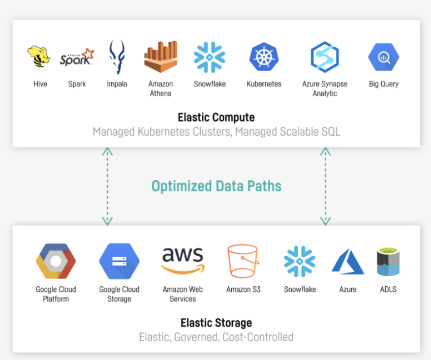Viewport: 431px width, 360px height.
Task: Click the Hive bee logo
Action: coord(39,56)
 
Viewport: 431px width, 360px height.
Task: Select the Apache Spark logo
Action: coord(77,57)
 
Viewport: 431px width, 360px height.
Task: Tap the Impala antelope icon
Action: coord(116,57)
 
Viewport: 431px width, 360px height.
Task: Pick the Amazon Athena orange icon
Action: coord(161,57)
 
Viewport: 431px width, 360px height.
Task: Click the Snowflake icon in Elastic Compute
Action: coord(209,57)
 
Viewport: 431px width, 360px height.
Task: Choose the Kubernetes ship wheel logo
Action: coord(264,57)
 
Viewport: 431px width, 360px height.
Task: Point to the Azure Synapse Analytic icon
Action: coord(325,57)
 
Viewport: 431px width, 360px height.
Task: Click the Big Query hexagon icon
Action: coord(384,57)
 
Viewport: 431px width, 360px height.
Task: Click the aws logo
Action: coord(182,260)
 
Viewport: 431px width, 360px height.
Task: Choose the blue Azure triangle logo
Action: coord(348,262)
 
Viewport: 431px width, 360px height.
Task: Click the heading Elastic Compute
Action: coord(216,117)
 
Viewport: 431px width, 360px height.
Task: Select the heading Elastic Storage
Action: coord(216,323)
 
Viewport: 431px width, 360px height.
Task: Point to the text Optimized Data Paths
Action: coord(216,186)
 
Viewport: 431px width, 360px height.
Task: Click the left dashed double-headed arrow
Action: coord(107,186)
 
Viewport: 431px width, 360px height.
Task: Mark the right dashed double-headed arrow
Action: coord(325,186)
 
